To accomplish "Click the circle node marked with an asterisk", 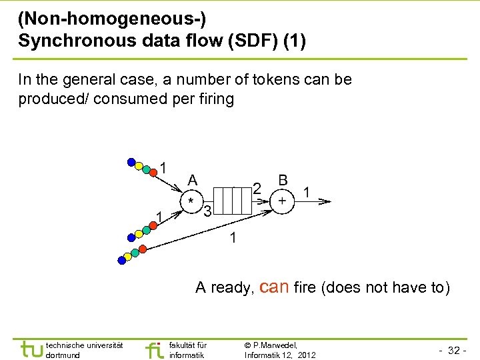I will [192, 201].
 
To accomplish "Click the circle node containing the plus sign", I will [283, 201].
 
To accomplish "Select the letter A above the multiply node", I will [193, 180].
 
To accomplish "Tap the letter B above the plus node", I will [283, 180].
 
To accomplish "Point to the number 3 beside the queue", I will [208, 213].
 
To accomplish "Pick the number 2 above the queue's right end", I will [257, 189].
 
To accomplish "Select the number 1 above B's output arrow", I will [306, 191].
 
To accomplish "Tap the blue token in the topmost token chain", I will [131, 161].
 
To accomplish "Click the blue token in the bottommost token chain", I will [121, 260].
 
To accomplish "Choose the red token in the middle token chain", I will [153, 225].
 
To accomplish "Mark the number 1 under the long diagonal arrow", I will [233, 238].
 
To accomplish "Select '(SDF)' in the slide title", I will [249, 41].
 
